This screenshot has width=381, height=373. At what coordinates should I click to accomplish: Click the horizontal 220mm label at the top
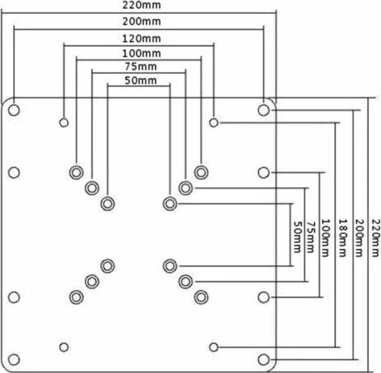[x=141, y=5]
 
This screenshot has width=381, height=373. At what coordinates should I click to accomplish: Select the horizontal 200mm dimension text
[x=141, y=21]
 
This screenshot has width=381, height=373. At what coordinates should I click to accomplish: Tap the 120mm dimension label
[x=141, y=39]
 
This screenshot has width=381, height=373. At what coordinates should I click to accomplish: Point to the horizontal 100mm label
[x=141, y=53]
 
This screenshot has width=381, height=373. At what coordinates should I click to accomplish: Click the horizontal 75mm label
[x=140, y=66]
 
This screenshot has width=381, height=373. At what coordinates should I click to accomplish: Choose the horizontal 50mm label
[x=140, y=81]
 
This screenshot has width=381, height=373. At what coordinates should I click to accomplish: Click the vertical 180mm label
[x=342, y=238]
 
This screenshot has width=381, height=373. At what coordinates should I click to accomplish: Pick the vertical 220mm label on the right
[x=376, y=238]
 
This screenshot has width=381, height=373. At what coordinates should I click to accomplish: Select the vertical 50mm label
[x=297, y=237]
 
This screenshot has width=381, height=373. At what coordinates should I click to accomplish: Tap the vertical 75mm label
[x=311, y=237]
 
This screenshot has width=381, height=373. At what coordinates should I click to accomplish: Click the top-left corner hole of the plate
[x=14, y=110]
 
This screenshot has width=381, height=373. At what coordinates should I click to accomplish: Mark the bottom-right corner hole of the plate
[x=263, y=359]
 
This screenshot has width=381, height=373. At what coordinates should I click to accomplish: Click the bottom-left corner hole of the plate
[x=14, y=359]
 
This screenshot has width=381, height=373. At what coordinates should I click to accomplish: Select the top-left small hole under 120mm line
[x=64, y=122]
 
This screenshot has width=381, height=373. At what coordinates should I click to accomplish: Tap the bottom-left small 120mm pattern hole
[x=64, y=347]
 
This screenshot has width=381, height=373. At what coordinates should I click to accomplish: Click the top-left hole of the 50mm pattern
[x=107, y=204]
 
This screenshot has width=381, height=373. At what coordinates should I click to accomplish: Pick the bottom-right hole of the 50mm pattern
[x=170, y=266]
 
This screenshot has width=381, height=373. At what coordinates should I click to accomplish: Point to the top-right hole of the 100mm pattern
[x=201, y=172]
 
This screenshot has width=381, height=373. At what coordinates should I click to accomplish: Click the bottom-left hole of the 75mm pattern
[x=92, y=282]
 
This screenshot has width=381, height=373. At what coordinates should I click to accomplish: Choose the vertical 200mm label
[x=359, y=238]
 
